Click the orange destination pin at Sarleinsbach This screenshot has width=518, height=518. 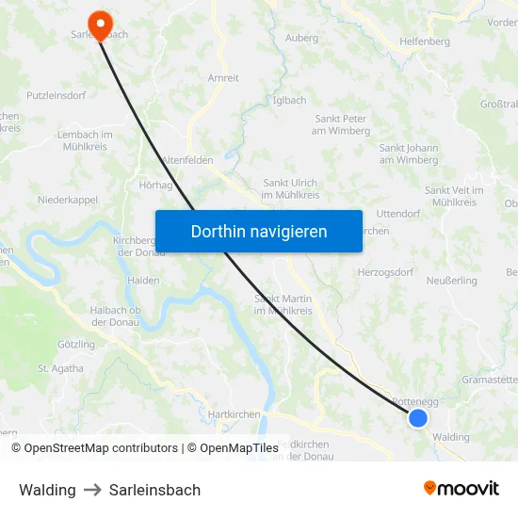(x=97, y=20)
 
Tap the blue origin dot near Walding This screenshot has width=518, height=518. (x=418, y=417)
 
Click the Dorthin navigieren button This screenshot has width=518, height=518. (x=259, y=231)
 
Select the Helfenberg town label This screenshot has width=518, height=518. (x=425, y=41)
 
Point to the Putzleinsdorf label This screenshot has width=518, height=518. (x=57, y=96)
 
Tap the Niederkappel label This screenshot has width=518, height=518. (x=67, y=200)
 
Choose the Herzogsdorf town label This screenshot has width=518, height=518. (x=385, y=272)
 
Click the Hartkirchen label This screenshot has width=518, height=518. (x=235, y=413)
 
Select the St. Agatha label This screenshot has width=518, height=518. (x=57, y=368)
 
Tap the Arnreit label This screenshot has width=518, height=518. (x=223, y=78)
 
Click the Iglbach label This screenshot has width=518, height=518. (x=289, y=100)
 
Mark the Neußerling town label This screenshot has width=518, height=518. (x=451, y=281)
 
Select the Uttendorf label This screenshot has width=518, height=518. (x=397, y=214)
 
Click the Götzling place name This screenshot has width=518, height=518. (x=76, y=345)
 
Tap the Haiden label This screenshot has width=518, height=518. (x=143, y=281)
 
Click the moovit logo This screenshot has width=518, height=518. (x=461, y=489)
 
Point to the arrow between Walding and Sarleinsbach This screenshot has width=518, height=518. (x=92, y=490)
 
